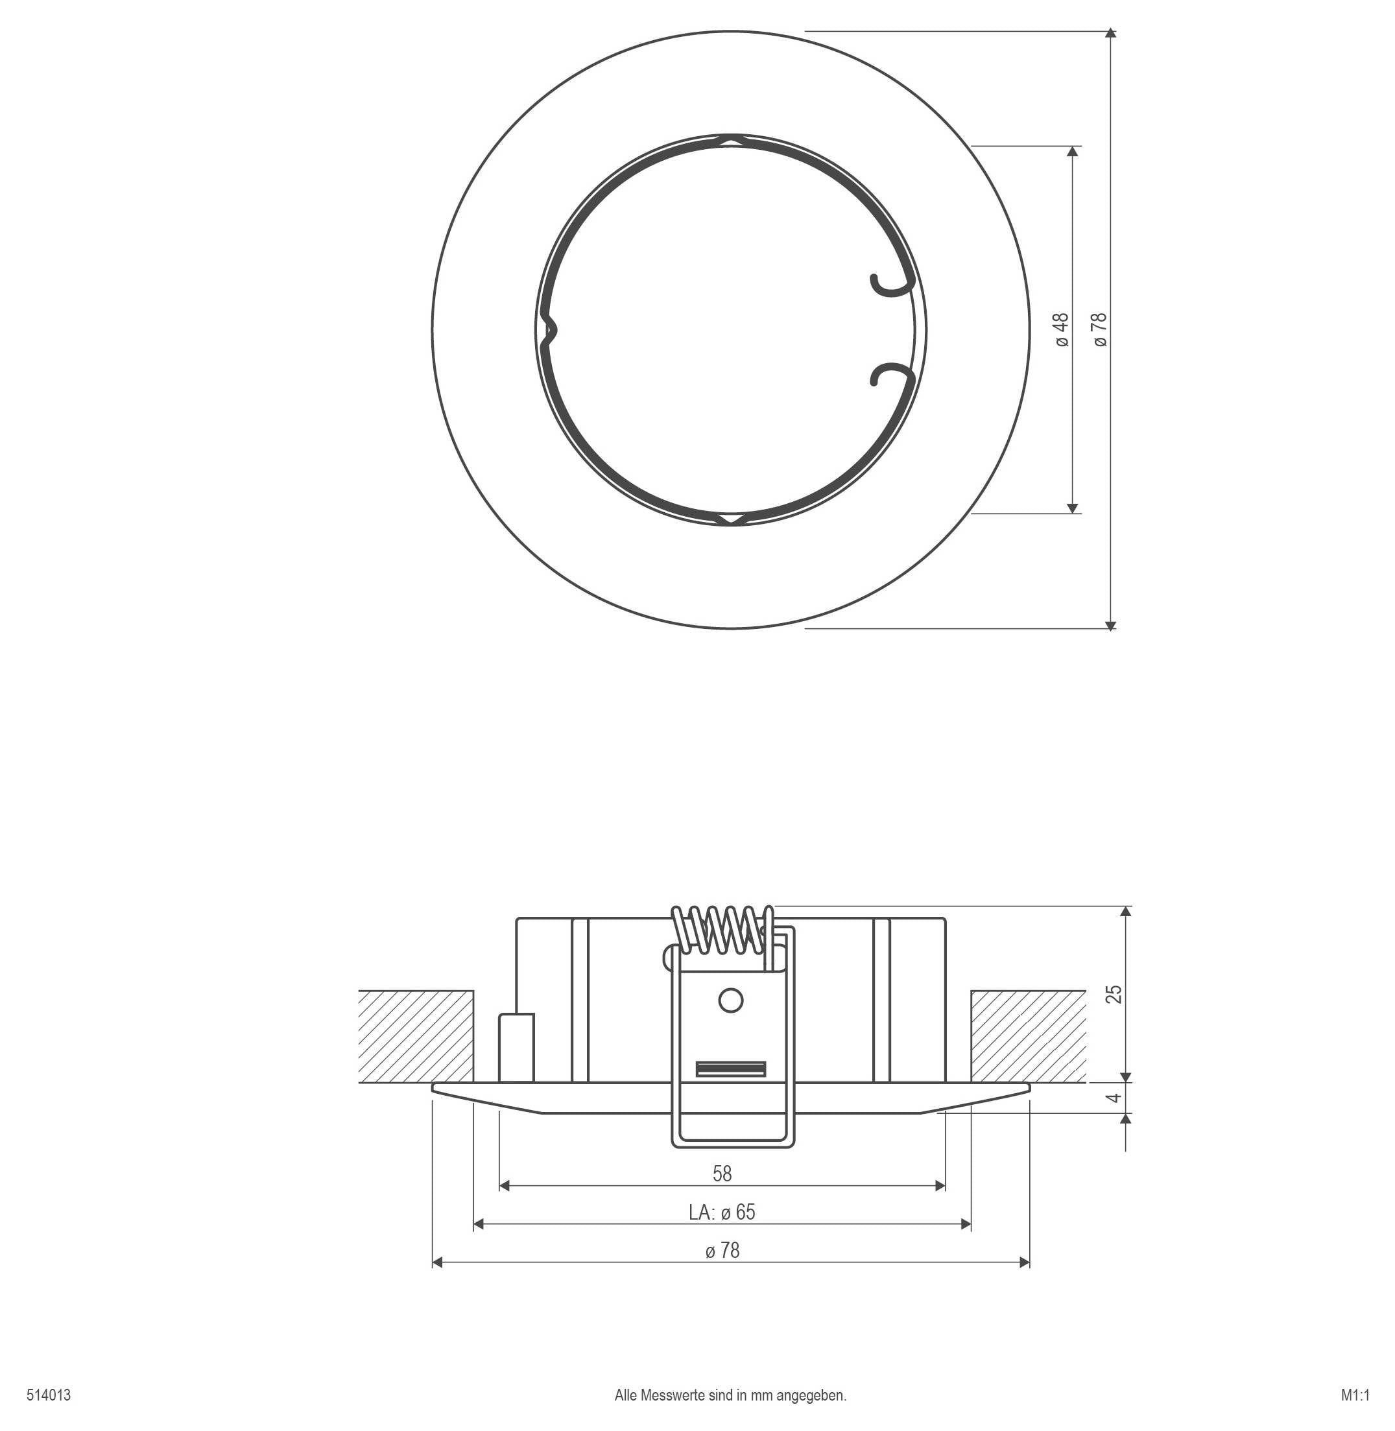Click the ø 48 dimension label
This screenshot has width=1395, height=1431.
click(1062, 329)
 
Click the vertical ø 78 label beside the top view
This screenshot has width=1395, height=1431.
click(1100, 329)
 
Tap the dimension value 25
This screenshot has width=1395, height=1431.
click(1114, 994)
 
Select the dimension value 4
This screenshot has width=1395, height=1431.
click(1114, 1098)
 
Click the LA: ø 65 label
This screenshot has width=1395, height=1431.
click(722, 1212)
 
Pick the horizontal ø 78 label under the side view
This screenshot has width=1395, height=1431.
click(722, 1250)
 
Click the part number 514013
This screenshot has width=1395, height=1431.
click(49, 1395)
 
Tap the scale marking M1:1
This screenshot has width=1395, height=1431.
click(1355, 1395)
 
